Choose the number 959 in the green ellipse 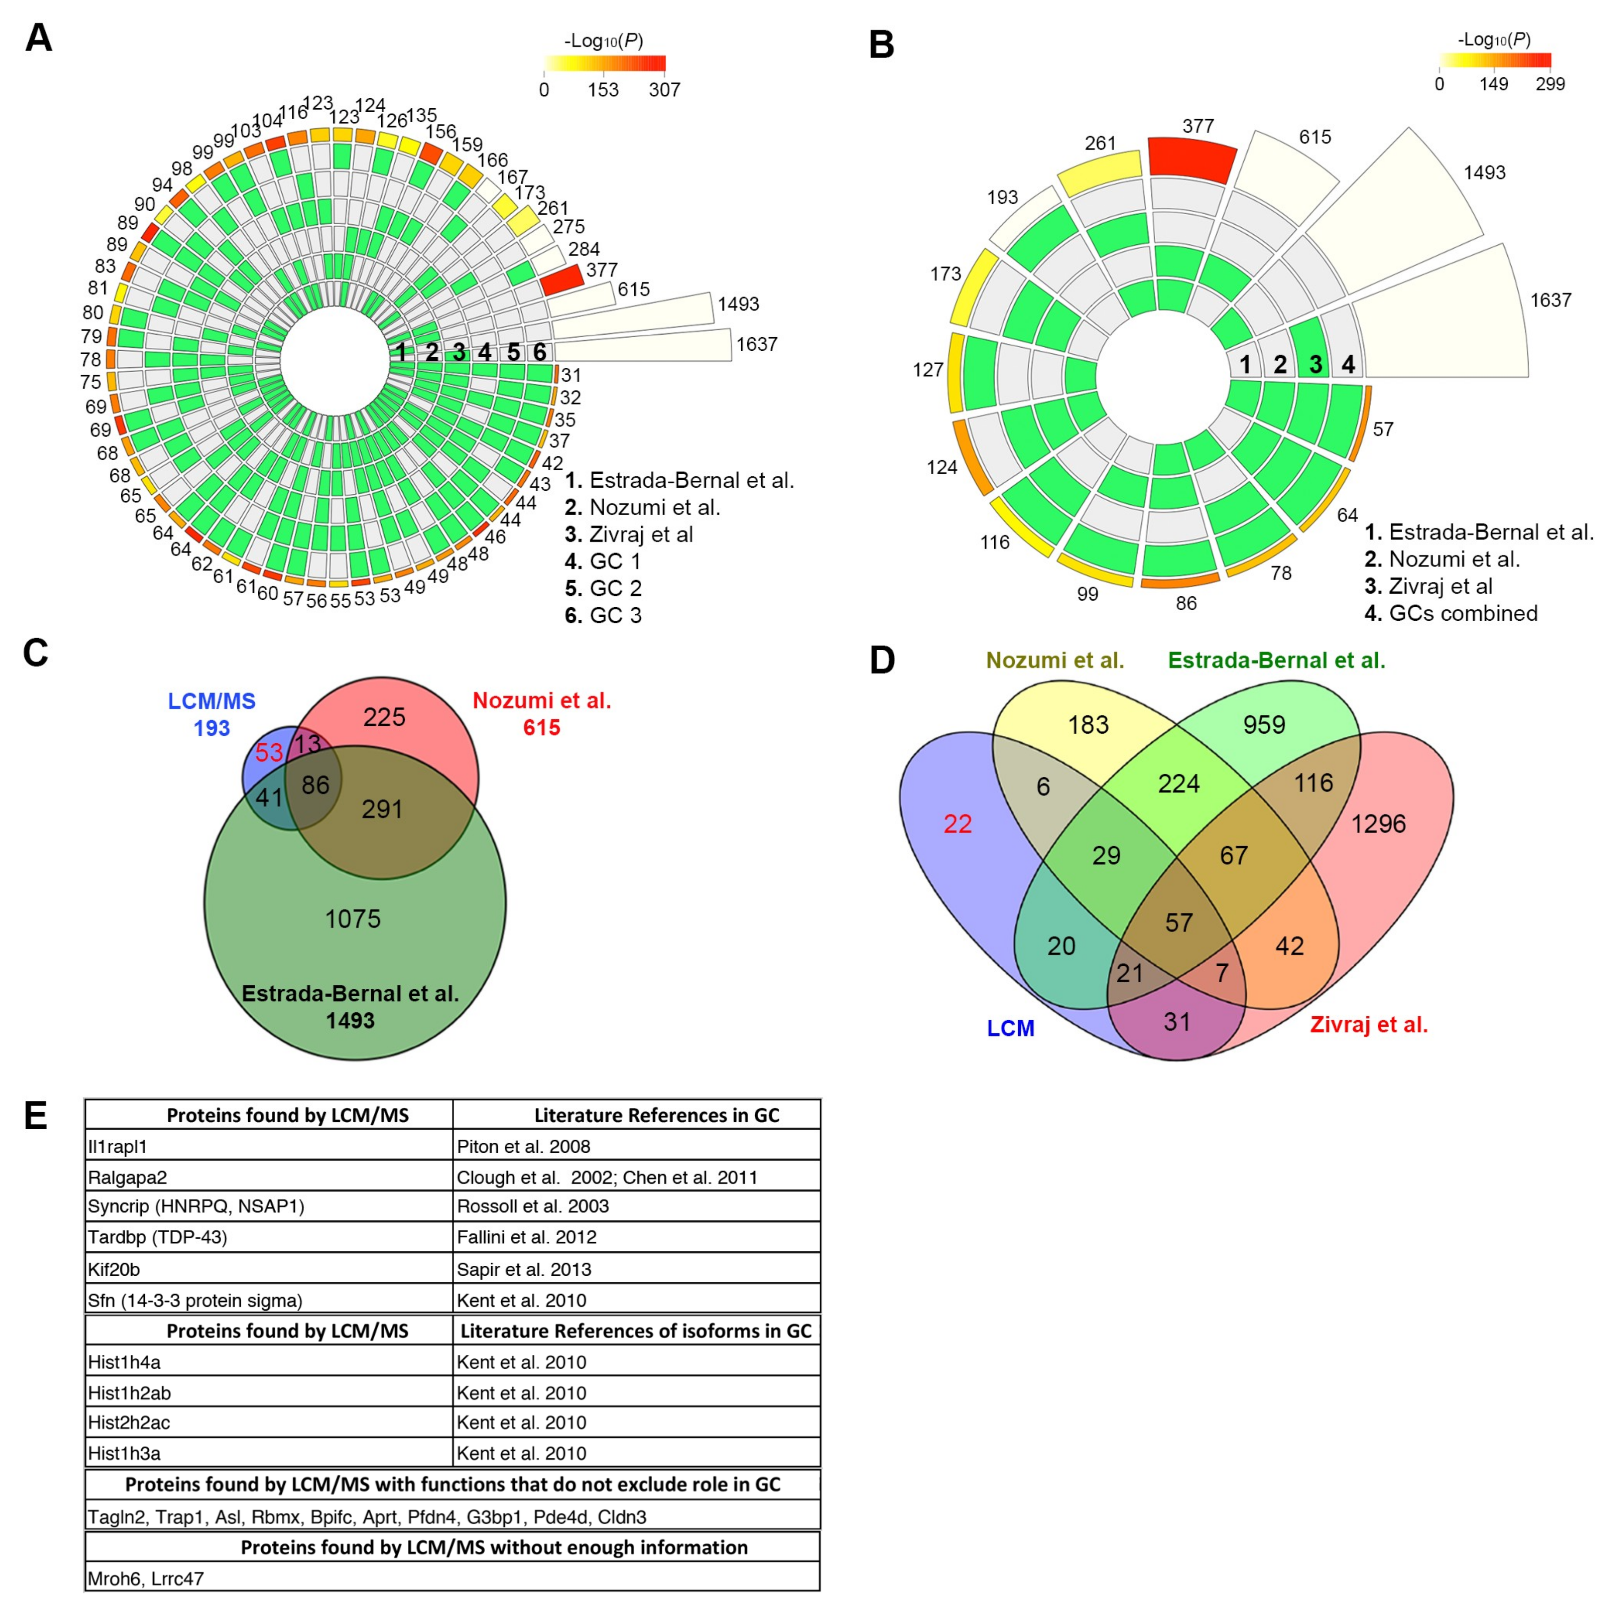[1264, 725]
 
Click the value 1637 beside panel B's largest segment [1550, 300]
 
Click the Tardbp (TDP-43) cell [157, 1237]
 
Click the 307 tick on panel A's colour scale [665, 90]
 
